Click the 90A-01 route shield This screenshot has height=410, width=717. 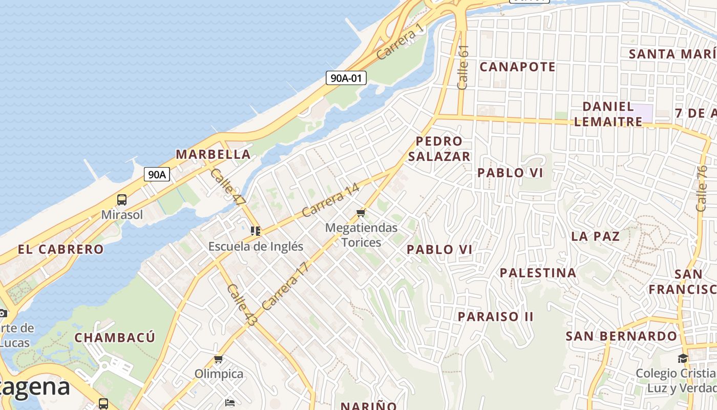point(346,78)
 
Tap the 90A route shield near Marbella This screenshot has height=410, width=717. point(157,174)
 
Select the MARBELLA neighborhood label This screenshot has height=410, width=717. point(213,154)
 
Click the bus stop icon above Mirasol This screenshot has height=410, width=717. point(121,200)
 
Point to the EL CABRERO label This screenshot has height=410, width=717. point(60,250)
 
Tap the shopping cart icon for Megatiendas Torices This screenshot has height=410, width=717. point(362,213)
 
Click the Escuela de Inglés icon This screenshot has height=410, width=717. point(255,231)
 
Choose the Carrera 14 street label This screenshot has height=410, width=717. point(330,199)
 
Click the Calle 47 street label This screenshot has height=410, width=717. point(227,187)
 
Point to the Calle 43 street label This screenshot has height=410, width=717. point(242,305)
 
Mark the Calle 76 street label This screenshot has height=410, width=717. point(701,188)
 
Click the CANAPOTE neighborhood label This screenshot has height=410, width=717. point(517,67)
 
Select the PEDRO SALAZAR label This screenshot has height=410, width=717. point(439,149)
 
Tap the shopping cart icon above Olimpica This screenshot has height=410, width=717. point(219,359)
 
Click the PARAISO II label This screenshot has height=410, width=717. point(495,316)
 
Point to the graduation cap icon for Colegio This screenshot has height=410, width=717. point(683,358)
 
